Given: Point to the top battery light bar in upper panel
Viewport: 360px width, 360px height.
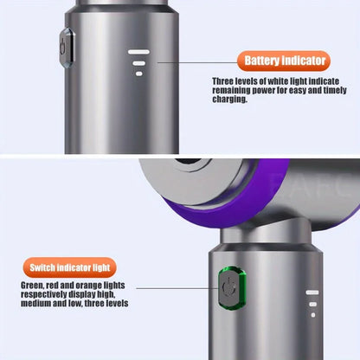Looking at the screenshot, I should (138, 52).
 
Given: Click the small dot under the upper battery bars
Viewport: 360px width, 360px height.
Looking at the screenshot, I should (138, 74).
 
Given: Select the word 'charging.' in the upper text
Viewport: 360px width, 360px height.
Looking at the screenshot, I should (229, 100).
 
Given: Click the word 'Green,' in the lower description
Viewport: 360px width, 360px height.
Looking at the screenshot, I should (33, 285).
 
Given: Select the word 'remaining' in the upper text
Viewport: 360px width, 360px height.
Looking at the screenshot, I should (232, 91).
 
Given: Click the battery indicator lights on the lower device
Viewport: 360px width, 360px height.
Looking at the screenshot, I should (312, 304).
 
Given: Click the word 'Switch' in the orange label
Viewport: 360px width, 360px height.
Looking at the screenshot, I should (47, 267).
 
